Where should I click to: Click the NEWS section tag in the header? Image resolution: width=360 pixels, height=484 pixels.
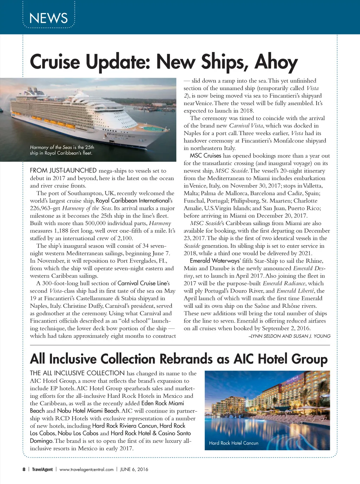point(49,18)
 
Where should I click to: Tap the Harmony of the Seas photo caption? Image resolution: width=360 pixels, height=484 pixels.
point(62,150)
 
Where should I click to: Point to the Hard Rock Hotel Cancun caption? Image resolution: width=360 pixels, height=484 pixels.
point(233,443)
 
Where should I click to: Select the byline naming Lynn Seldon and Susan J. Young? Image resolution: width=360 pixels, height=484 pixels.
point(289,336)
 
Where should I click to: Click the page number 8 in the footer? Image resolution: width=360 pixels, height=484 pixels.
point(24,469)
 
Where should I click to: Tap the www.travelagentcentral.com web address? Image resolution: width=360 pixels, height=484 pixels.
point(86,469)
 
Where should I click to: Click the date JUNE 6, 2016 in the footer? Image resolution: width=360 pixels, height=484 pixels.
point(134,469)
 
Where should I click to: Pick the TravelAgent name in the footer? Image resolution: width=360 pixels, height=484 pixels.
point(42,469)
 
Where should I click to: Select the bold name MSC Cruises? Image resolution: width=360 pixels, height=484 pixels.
point(205,156)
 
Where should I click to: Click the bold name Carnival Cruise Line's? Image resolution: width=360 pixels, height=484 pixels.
point(143,284)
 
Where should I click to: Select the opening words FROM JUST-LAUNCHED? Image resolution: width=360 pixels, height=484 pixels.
point(63,171)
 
